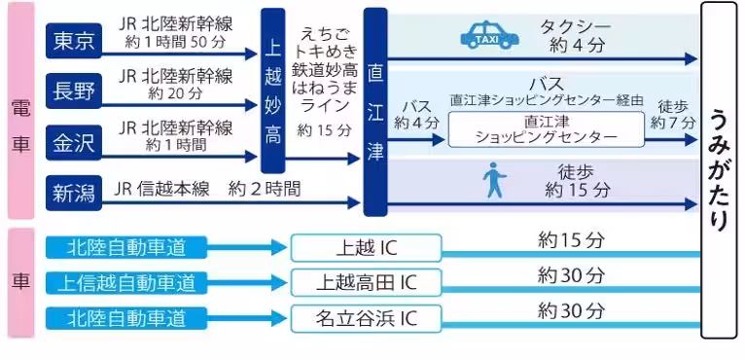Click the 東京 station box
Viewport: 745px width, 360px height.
tap(74, 40)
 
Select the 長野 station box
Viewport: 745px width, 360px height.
tap(74, 91)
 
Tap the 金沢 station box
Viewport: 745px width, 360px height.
tap(74, 142)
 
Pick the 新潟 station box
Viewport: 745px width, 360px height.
tap(74, 193)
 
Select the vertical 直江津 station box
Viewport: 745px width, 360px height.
tap(374, 112)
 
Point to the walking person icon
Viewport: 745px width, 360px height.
tap(496, 181)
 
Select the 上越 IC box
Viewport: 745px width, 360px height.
tap(365, 247)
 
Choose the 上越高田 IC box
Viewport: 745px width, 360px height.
tap(365, 282)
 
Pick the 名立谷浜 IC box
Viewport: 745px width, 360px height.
tap(365, 317)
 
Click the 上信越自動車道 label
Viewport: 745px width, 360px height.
tap(126, 282)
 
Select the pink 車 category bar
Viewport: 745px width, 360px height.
tap(20, 282)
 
